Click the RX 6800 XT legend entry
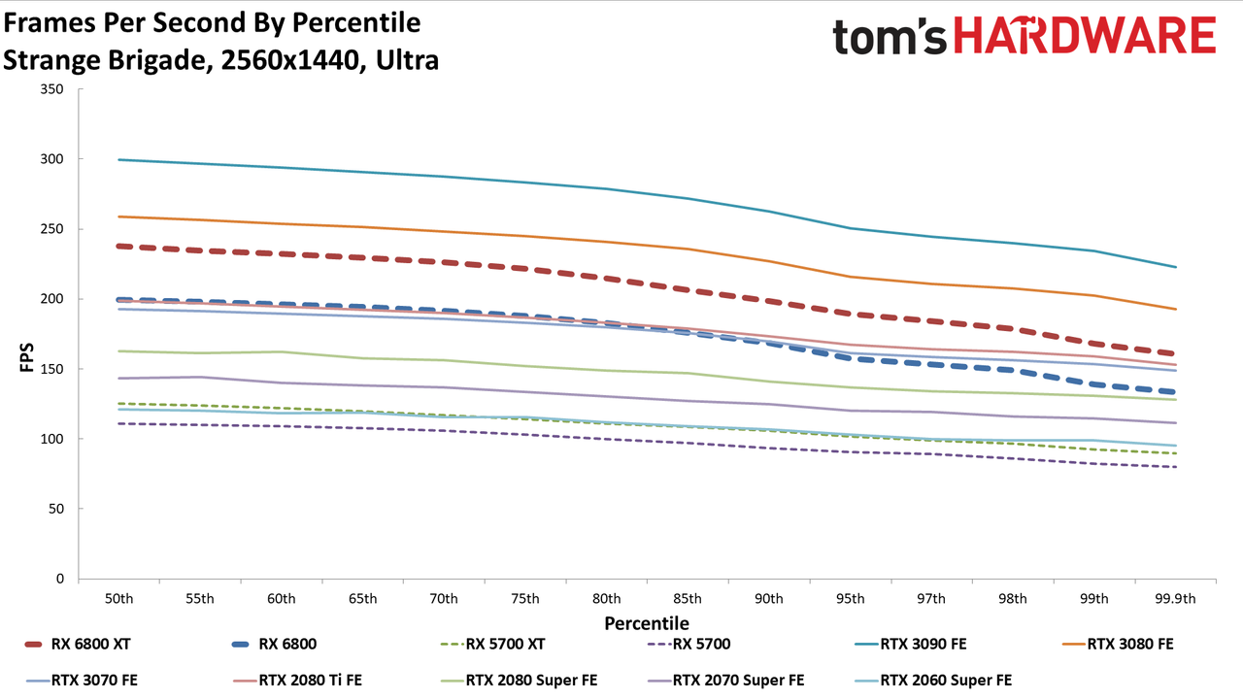coord(78,644)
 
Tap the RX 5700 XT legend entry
coord(492,644)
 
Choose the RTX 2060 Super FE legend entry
coord(933,681)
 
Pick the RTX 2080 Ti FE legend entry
coord(297,681)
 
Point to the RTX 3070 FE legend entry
coord(82,681)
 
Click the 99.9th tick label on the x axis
coord(1175,599)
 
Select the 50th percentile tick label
coord(118,599)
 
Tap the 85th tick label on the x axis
coord(688,599)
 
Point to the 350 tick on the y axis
coord(51,89)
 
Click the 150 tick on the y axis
coord(51,369)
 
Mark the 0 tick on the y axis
coord(60,579)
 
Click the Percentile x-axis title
coord(647,623)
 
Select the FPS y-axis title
coord(26,357)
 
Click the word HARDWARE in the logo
coord(1085,35)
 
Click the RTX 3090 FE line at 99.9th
coord(1175,267)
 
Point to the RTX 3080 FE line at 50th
coord(118,216)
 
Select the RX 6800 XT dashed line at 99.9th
coord(1175,354)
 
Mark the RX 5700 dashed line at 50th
coord(118,424)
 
